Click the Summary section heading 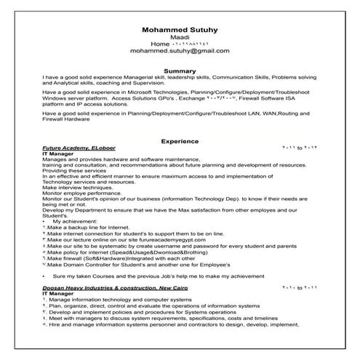tap(180, 70)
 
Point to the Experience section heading tap(180, 140)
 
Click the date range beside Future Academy tap(298, 147)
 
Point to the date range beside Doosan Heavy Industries tap(298, 287)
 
